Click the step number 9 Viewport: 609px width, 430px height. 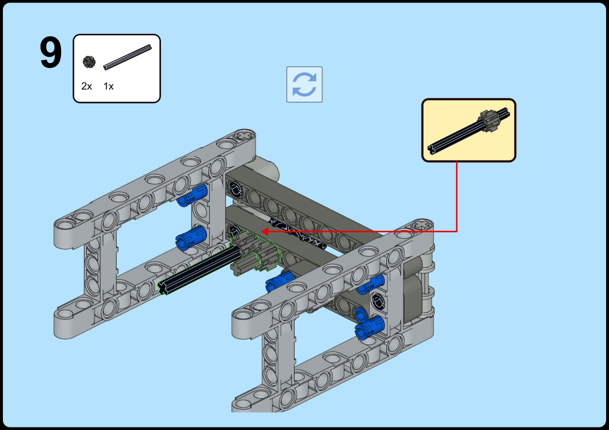click(51, 52)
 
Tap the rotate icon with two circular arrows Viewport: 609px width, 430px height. click(305, 84)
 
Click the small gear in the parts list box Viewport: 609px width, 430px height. click(89, 62)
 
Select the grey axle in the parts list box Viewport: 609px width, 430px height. click(127, 57)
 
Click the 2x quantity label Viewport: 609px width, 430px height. click(86, 86)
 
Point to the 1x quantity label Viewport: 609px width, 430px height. click(108, 86)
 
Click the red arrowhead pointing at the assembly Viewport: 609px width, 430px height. click(265, 231)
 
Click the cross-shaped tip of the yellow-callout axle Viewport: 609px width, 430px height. click(432, 149)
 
